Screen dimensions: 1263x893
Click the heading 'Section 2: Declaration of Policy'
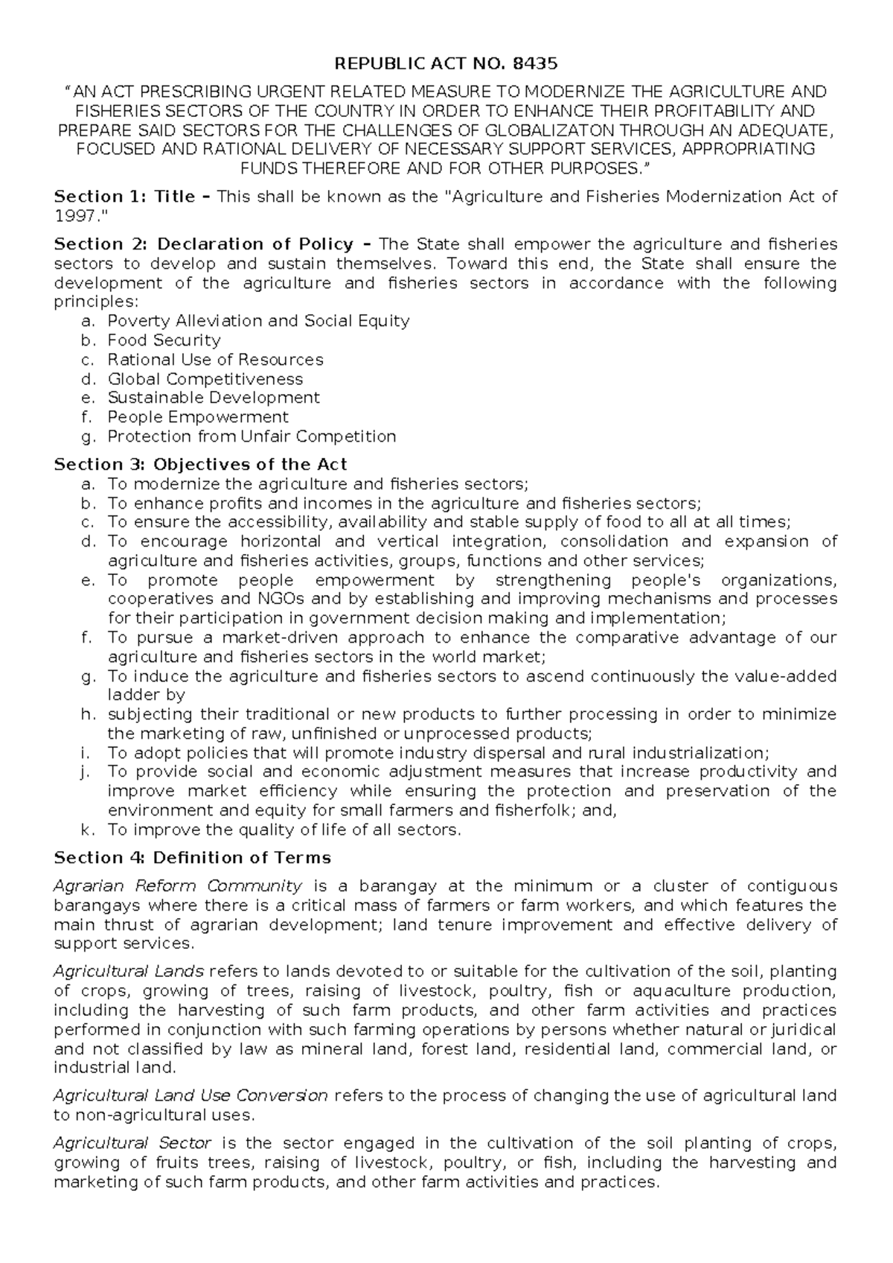click(204, 244)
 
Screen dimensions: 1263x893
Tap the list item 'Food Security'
click(164, 340)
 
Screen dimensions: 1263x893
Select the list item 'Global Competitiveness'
click(205, 379)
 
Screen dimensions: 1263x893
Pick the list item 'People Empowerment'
click(198, 417)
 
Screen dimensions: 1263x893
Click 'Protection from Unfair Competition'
click(252, 436)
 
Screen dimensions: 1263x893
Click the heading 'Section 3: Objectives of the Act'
click(201, 465)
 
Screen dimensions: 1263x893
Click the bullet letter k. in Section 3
click(86, 830)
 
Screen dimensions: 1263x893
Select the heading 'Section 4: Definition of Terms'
click(193, 858)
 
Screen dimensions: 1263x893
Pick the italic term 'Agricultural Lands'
click(129, 972)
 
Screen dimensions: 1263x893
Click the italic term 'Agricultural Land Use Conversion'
click(191, 1095)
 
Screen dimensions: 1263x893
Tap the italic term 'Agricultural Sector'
click(133, 1143)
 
